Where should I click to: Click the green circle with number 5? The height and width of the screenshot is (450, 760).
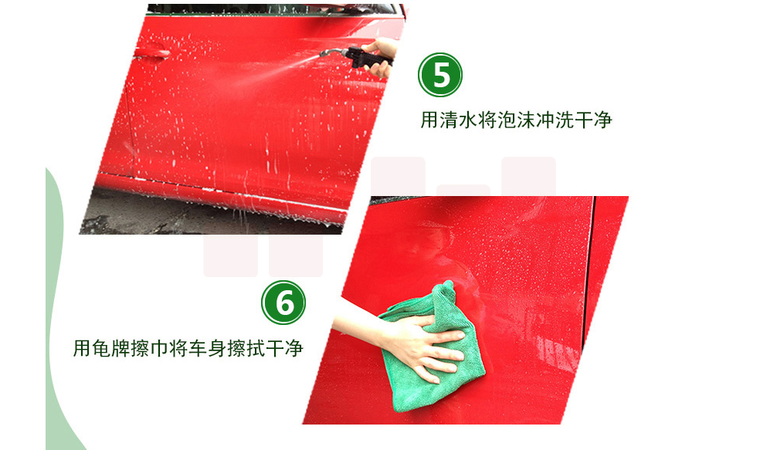tap(440, 75)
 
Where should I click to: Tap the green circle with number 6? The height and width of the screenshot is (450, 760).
tap(283, 303)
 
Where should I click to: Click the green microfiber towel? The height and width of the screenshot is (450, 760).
tap(429, 349)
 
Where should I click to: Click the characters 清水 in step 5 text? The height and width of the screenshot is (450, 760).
tap(458, 120)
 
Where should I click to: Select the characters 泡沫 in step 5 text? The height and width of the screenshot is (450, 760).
tap(516, 120)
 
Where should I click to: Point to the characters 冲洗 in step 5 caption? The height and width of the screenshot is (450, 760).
tap(555, 120)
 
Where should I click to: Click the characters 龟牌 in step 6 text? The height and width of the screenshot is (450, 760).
tap(111, 348)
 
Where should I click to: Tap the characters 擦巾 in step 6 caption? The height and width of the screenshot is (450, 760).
tap(149, 348)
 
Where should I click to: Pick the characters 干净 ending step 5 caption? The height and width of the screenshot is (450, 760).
tap(594, 120)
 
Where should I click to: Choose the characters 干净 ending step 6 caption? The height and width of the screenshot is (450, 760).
tap(284, 348)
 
